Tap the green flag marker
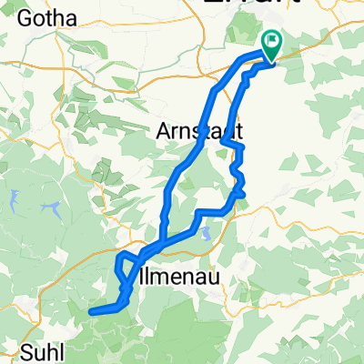coord(272,42)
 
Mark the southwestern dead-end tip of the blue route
coord(90,312)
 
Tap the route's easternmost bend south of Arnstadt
coord(243,192)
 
